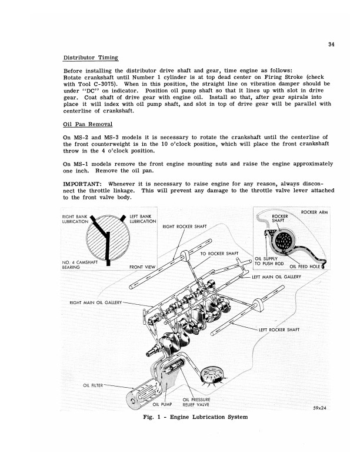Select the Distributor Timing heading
91,58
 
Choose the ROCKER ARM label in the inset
314,212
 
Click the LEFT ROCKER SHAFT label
279,329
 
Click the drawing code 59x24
318,408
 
